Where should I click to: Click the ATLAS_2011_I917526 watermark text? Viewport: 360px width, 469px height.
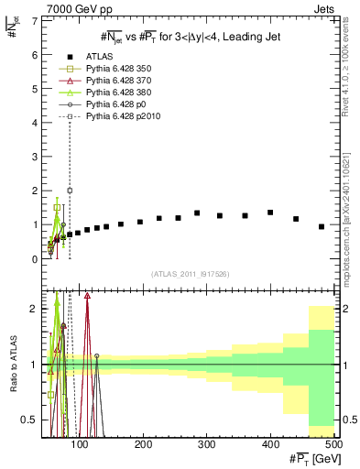tap(190, 274)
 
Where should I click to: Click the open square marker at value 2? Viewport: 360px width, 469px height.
tap(70, 191)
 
